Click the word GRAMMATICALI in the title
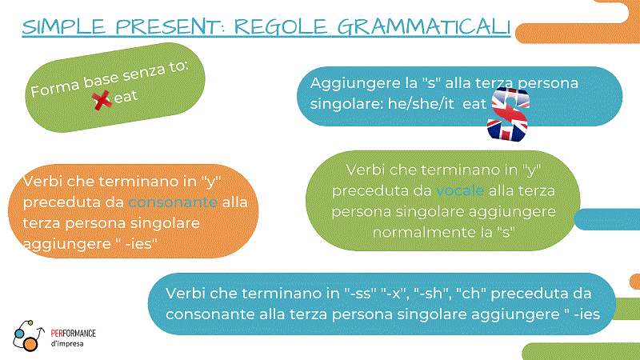424,27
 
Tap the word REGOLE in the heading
281,27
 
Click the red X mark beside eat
102,100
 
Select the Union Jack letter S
508,114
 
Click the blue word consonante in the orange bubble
173,202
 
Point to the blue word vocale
460,190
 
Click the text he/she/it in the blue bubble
421,104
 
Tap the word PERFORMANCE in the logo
73,334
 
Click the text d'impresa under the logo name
67,344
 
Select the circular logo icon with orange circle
28,336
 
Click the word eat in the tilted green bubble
126,97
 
